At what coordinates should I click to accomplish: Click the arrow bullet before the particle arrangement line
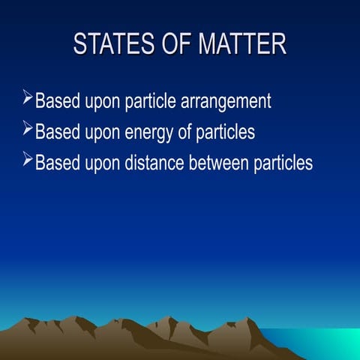coord(28,98)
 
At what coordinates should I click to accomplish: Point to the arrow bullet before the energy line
coord(28,130)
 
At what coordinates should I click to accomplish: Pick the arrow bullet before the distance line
coord(28,160)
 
